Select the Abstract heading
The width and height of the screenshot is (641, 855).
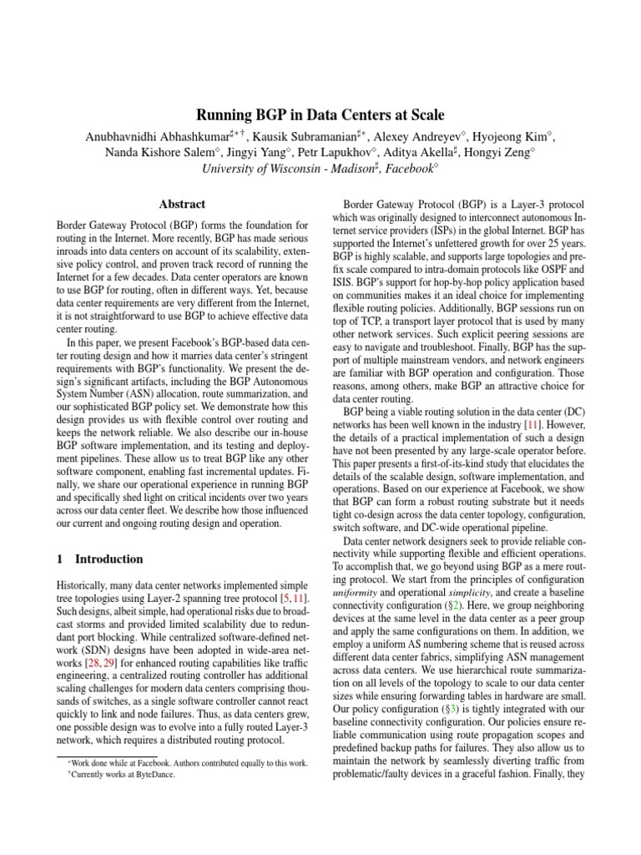(x=182, y=204)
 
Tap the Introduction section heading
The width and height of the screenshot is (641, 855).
(x=109, y=559)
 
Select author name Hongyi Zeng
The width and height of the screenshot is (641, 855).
(x=501, y=152)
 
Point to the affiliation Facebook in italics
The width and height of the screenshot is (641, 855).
(x=409, y=169)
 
